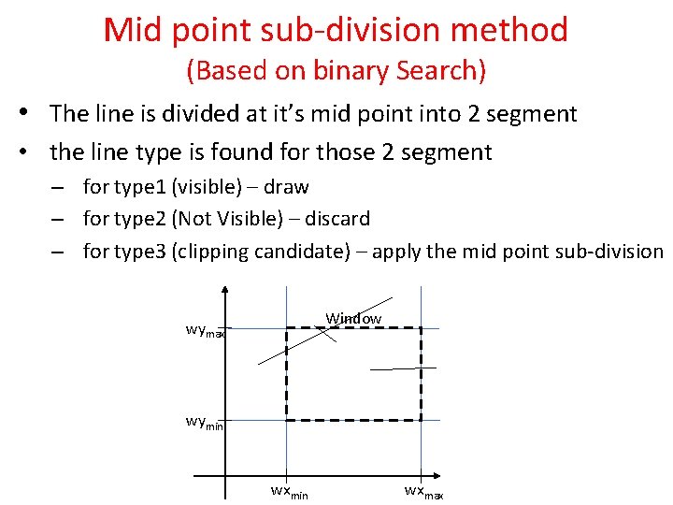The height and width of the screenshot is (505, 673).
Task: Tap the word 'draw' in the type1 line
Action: tap(287, 187)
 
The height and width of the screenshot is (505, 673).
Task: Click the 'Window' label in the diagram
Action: tap(353, 318)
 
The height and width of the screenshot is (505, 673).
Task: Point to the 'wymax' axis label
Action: tap(206, 330)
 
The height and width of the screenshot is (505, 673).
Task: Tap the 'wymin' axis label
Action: tap(205, 422)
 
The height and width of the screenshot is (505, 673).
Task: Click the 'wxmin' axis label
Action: tap(289, 491)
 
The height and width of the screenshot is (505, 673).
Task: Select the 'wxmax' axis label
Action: tap(423, 491)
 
